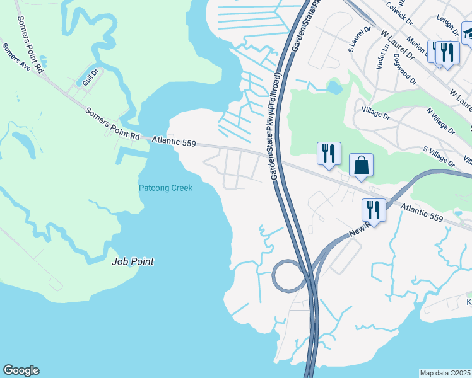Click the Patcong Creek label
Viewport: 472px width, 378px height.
[165, 187]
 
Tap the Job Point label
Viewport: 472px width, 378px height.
[133, 261]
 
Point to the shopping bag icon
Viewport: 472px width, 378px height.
[361, 166]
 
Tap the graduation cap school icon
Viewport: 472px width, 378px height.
[468, 32]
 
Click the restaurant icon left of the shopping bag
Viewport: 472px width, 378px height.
[329, 154]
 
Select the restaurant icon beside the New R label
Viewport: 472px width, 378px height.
[373, 210]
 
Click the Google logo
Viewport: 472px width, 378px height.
[21, 370]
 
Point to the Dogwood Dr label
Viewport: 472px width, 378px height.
[404, 70]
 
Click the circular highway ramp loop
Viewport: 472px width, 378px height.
[288, 275]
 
